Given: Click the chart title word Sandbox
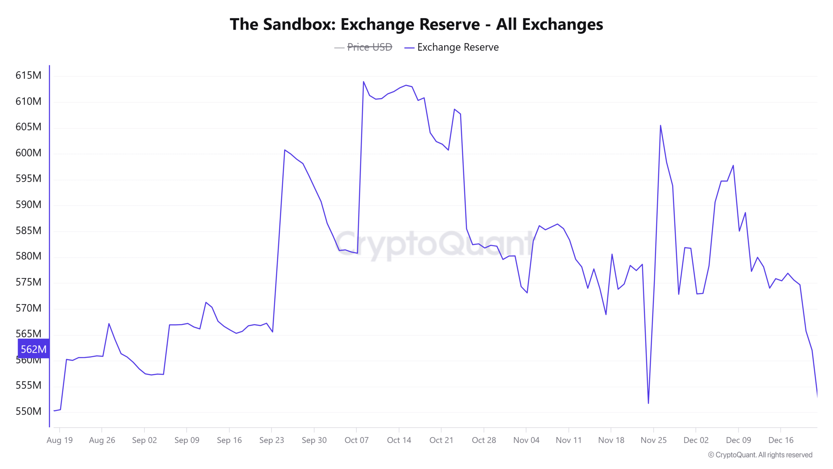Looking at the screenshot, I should [299, 24].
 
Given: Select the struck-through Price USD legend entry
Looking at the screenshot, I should [369, 47].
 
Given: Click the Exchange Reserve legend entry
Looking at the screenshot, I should [457, 47].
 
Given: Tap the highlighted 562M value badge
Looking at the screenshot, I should [34, 349].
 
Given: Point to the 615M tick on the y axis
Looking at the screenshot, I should [28, 75].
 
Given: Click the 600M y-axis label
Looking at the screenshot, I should [28, 153].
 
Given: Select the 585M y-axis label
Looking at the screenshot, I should [28, 231].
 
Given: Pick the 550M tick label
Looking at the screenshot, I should [28, 411].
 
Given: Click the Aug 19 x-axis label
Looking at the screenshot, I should [60, 440].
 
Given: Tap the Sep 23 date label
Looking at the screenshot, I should [271, 440].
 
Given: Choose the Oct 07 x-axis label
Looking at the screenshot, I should [356, 440].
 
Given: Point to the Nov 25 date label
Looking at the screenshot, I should [653, 440].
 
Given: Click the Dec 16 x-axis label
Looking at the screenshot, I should [781, 440].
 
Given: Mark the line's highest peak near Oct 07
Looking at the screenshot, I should [363, 82].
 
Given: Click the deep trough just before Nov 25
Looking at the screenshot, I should [648, 403].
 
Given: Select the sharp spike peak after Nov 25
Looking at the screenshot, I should [660, 125].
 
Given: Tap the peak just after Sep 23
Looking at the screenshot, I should [285, 150].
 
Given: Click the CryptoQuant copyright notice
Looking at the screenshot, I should [760, 455].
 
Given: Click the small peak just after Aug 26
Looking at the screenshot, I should [109, 324].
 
